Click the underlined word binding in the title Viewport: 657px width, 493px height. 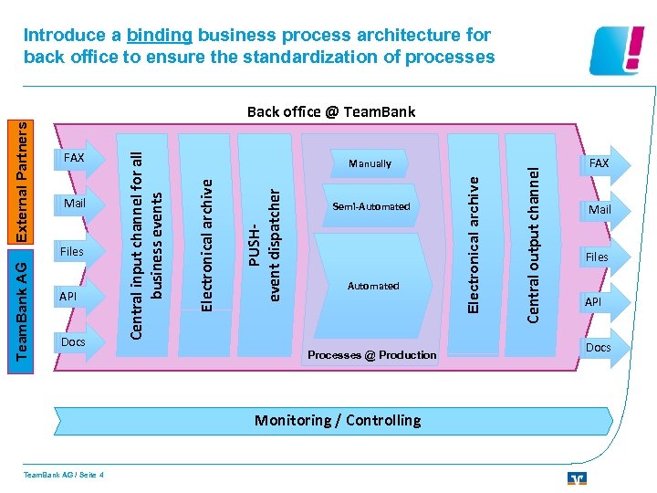click(160, 36)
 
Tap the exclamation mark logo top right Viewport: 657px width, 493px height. click(620, 50)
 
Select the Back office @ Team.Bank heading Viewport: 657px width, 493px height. click(330, 112)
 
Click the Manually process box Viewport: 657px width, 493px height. click(370, 163)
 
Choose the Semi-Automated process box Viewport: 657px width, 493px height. click(371, 206)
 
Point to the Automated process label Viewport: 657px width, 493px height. click(373, 286)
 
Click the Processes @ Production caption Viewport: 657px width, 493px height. click(371, 354)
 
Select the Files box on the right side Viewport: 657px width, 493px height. click(597, 257)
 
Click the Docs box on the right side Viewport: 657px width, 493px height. click(598, 347)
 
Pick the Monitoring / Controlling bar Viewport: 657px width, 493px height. click(337, 421)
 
